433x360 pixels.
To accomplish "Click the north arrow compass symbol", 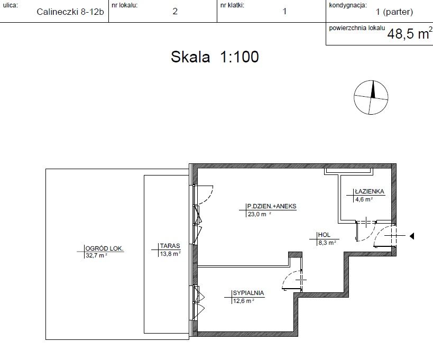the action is pos(371,97).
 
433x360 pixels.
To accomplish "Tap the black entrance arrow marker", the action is pos(412,236).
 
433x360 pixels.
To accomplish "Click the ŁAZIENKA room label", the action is pos(370,191).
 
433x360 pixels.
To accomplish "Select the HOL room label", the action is pos(324,235).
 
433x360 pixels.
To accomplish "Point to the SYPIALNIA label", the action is pos(248,293).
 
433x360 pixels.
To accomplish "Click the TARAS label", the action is pos(170,246).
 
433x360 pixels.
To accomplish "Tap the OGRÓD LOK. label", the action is pos(104,248).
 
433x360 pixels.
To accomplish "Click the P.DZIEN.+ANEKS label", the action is pos(272,206).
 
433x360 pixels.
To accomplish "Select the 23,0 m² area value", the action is pos(259,214).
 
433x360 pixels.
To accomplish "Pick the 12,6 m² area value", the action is pos(244,301).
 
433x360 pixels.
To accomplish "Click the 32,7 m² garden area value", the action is pos(96,255).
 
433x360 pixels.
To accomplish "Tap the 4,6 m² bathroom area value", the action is pos(364,199).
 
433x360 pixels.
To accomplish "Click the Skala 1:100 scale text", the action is pos(215,57).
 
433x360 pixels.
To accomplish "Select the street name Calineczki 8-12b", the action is pos(70,12).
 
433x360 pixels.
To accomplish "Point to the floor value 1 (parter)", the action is pos(394,12).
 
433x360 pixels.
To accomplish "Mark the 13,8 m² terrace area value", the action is pos(170,254).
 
